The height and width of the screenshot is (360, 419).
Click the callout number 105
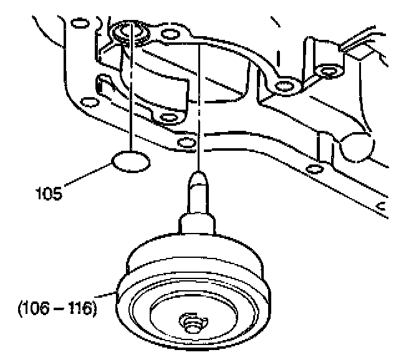click(x=49, y=194)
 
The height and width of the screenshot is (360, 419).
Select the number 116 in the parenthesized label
click(x=81, y=308)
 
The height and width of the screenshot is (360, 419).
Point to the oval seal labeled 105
click(x=131, y=163)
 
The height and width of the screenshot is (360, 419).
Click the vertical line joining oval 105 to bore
click(x=132, y=93)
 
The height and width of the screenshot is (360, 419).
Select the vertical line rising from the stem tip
click(x=199, y=106)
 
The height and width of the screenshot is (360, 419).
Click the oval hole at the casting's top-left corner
click(x=79, y=24)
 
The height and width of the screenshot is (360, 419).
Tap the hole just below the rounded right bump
click(x=315, y=169)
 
